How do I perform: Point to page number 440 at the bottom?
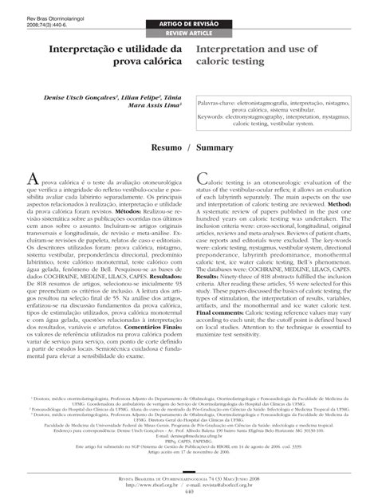pos(189,491)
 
